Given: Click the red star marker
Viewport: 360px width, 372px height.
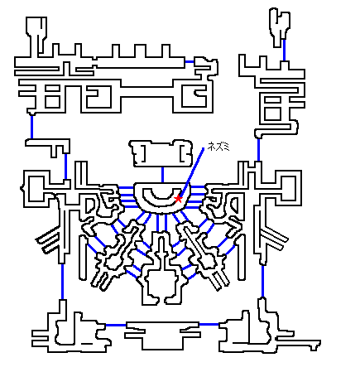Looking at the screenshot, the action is tap(178, 198).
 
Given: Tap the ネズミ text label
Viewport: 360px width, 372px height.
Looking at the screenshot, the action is tap(218, 147).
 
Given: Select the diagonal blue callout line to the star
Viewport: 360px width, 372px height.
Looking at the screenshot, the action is tap(192, 172).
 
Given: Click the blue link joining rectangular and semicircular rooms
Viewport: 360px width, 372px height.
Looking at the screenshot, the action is tap(162, 175).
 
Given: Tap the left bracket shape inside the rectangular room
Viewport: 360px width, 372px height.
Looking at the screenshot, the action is tap(143, 153).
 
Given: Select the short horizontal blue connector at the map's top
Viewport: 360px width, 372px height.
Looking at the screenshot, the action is tap(190, 61).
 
